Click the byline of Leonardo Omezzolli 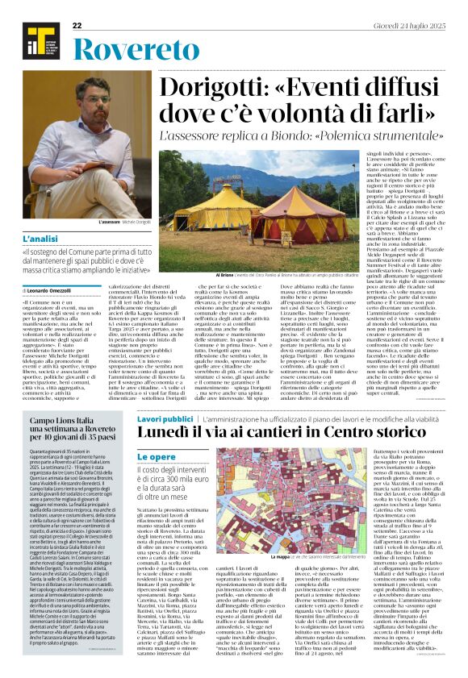point(50,289)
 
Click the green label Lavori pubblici point(165,419)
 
